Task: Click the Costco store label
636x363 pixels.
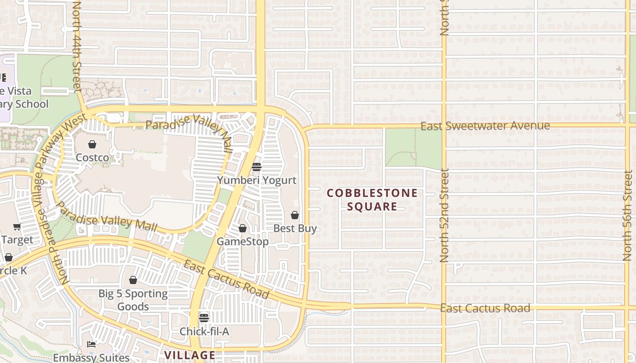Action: coord(92,157)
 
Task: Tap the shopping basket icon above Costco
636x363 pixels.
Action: coord(92,144)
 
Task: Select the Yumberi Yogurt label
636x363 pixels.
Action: coord(257,180)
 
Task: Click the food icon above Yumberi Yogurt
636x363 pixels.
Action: coord(257,167)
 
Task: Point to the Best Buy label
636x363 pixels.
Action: coord(295,228)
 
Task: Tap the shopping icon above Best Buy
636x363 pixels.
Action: coord(295,215)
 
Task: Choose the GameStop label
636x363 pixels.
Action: coord(242,241)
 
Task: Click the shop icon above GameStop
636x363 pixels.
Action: coord(243,228)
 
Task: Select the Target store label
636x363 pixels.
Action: coord(17,240)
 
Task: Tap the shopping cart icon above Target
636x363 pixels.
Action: coord(17,227)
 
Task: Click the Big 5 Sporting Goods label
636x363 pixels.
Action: coord(133,300)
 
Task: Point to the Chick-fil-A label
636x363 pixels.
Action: coord(204,331)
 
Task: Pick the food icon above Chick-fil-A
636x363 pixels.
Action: coord(204,318)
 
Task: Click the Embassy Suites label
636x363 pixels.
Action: coord(91,358)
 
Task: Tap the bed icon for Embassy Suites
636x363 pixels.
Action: coord(91,344)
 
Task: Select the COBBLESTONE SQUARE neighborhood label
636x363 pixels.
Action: coord(372,200)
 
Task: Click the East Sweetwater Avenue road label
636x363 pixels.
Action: coord(485,126)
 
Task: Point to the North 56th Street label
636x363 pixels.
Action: coord(628,215)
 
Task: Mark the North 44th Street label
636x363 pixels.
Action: coord(76,45)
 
